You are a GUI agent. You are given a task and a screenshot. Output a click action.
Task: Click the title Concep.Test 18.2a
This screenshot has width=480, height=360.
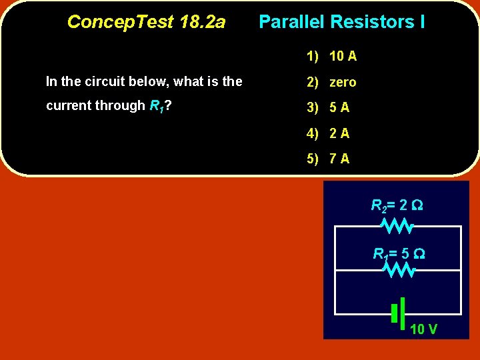coord(146,22)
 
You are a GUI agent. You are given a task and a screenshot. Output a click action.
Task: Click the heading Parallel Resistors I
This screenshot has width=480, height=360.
coord(341,22)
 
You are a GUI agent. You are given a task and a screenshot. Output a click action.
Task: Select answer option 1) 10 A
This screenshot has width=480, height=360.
coord(331,56)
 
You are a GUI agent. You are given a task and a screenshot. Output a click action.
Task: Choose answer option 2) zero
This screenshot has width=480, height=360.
coord(331,82)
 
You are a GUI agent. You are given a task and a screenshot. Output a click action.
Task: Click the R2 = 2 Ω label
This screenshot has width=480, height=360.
coord(397,205)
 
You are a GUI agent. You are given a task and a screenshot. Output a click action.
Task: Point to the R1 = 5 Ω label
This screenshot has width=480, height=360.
coord(399,253)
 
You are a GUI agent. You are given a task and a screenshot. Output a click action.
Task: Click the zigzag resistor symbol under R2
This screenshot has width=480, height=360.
coord(398,227)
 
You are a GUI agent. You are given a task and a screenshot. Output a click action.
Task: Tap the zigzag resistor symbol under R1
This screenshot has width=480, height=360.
coord(399,270)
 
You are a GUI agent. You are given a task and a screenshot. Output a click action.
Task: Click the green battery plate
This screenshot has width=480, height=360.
coord(395,313)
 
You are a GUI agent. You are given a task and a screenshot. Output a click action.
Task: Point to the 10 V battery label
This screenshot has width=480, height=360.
coord(423,329)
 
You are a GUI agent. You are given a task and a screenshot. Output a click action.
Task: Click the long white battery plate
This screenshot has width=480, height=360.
coord(403,313)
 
